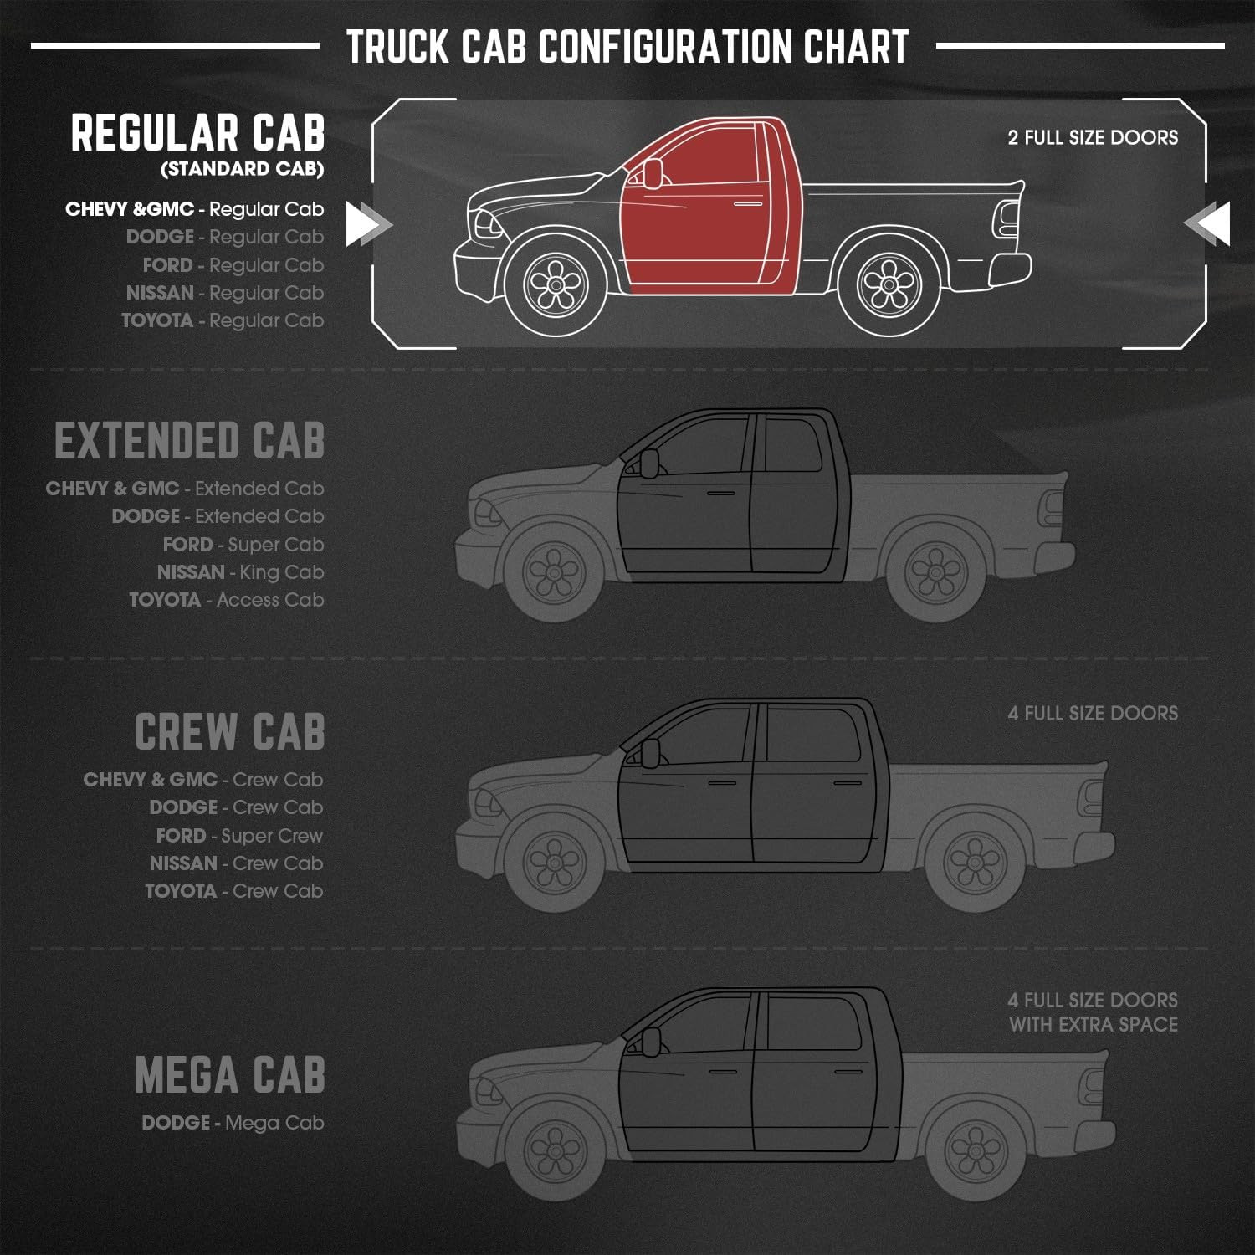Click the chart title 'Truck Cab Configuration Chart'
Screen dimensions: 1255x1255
coord(627,47)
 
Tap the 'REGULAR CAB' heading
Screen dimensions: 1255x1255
coord(197,133)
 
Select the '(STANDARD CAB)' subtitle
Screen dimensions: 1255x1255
coord(242,169)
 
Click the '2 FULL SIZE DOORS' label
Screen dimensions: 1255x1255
coord(1093,137)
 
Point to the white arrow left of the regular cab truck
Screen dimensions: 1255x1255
coord(369,224)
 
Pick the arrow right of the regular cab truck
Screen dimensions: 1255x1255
coord(1206,224)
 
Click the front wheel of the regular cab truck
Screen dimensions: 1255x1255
coord(555,284)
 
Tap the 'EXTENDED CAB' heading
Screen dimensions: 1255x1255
coord(190,441)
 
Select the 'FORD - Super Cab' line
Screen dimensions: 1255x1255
coord(243,545)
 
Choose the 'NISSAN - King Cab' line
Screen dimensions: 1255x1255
coord(240,572)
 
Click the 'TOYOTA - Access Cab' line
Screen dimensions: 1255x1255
coord(226,600)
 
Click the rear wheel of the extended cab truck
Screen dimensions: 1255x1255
coord(936,572)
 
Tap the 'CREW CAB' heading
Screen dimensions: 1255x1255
coord(230,732)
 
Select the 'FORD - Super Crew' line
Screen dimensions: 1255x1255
coord(239,836)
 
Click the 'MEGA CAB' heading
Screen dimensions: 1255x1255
coord(230,1075)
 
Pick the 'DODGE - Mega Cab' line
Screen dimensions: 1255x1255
coord(233,1123)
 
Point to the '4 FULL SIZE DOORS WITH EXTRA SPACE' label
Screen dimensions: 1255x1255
coord(1093,1012)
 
